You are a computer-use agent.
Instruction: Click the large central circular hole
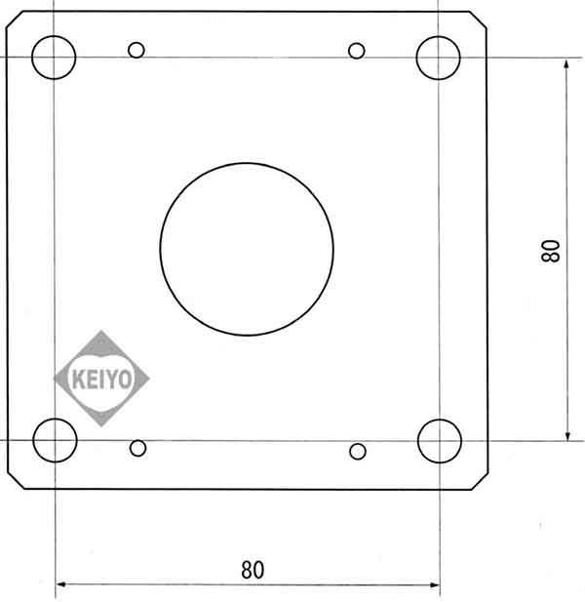click(x=247, y=247)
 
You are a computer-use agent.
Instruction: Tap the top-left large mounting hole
click(x=54, y=57)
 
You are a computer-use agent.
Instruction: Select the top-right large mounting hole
click(x=438, y=57)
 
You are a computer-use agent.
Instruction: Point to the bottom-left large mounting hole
click(x=55, y=440)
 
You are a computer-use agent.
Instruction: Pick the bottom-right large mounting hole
click(x=439, y=441)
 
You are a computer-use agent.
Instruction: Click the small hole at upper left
click(x=136, y=50)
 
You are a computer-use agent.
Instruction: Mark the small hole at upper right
click(x=357, y=50)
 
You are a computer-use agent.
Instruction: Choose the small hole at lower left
click(x=137, y=448)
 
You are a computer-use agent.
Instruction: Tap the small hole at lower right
click(x=358, y=450)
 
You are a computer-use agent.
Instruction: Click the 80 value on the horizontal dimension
click(x=252, y=569)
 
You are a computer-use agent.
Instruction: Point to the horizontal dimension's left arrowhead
click(x=60, y=585)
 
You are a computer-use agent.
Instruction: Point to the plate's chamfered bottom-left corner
click(x=15, y=480)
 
